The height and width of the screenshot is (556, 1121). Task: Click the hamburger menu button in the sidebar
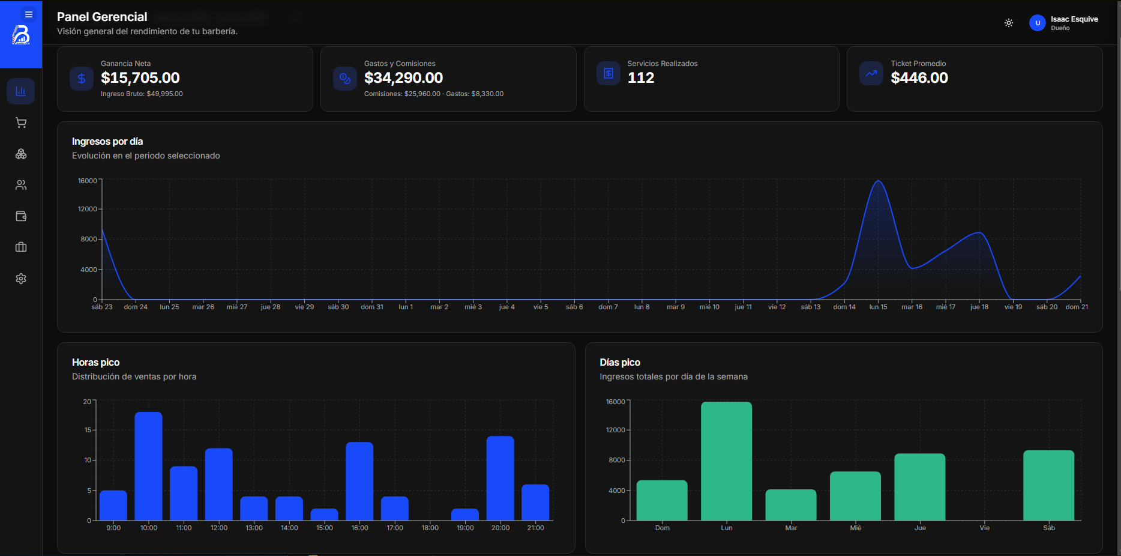[x=29, y=14]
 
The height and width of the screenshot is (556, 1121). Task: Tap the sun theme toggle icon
[x=1009, y=23]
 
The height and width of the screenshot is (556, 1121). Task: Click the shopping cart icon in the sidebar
[x=21, y=122]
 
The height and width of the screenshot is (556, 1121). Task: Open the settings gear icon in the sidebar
[x=21, y=279]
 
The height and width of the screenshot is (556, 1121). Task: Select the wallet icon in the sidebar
[x=21, y=216]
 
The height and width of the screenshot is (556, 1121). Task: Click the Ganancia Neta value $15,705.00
[x=140, y=77]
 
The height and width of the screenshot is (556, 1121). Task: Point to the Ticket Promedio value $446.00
[x=919, y=77]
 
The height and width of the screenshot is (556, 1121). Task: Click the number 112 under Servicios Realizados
[x=641, y=77]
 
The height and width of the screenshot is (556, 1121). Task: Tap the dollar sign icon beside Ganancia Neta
[x=82, y=78]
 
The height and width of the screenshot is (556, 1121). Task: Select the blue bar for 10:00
[x=149, y=466]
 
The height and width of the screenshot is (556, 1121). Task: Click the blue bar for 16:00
[x=359, y=481]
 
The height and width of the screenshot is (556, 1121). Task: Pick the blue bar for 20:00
[x=500, y=478]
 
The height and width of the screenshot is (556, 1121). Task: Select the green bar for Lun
[x=726, y=461]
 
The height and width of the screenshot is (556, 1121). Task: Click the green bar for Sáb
[x=1049, y=485]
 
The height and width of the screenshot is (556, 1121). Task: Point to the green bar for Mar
[x=791, y=505]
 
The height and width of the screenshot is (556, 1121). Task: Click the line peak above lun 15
[x=878, y=181]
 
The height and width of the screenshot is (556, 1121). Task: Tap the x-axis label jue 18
[x=979, y=307]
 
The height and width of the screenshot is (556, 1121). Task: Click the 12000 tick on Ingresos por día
[x=88, y=209]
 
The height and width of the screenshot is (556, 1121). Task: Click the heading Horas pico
[x=96, y=362]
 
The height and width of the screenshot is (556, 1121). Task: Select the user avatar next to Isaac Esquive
[x=1038, y=23]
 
